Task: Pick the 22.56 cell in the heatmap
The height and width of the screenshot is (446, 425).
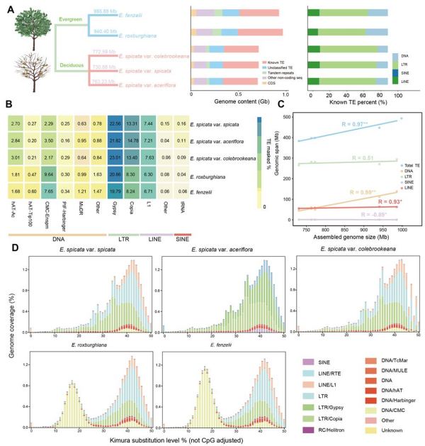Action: (x=116, y=123)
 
